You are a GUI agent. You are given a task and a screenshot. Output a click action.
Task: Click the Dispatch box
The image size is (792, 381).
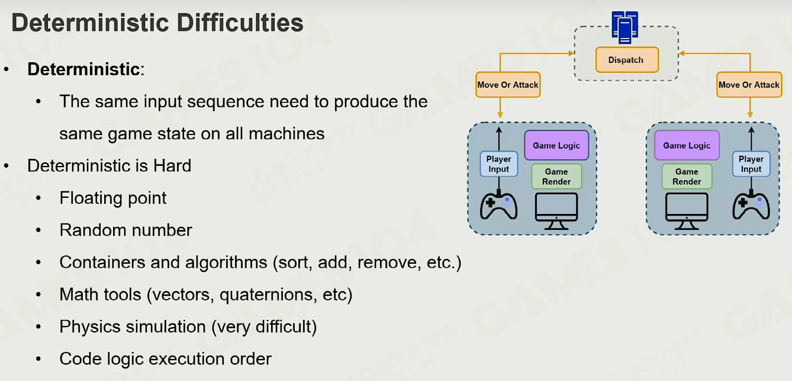[x=627, y=60]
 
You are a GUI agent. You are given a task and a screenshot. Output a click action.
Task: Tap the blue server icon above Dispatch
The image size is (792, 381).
[x=625, y=27]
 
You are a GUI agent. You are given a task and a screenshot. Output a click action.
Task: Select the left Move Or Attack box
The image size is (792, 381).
[x=508, y=85]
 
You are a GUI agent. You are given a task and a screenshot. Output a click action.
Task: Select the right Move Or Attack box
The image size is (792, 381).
[x=749, y=85]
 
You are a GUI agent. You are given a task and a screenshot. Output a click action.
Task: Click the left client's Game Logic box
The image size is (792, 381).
[x=556, y=145]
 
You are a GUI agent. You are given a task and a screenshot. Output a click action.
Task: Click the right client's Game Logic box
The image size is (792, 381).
[x=687, y=145]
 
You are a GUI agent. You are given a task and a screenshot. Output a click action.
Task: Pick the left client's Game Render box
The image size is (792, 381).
[x=556, y=177]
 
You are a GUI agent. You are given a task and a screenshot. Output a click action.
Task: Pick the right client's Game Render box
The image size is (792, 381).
[x=687, y=177]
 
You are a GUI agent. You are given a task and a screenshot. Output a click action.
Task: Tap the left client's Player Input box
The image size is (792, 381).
[x=499, y=164]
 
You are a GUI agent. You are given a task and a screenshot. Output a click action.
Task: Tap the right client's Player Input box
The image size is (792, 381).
[x=751, y=164]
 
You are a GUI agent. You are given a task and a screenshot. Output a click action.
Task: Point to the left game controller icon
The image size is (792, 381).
[x=499, y=206]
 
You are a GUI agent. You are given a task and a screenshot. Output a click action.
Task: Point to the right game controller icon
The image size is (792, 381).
[x=751, y=206]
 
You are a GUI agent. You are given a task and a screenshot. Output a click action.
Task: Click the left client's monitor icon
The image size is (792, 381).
[x=556, y=212]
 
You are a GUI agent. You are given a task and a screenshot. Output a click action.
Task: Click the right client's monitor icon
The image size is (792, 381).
[x=687, y=212]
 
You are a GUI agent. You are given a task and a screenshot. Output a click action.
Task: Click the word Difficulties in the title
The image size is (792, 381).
[x=240, y=23]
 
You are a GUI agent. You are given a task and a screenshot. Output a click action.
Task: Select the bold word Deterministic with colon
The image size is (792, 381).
[x=86, y=69]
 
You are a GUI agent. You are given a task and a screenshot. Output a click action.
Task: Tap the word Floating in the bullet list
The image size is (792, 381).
[x=91, y=198]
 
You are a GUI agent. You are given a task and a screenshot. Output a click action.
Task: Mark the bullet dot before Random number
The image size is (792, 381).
[x=38, y=230]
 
